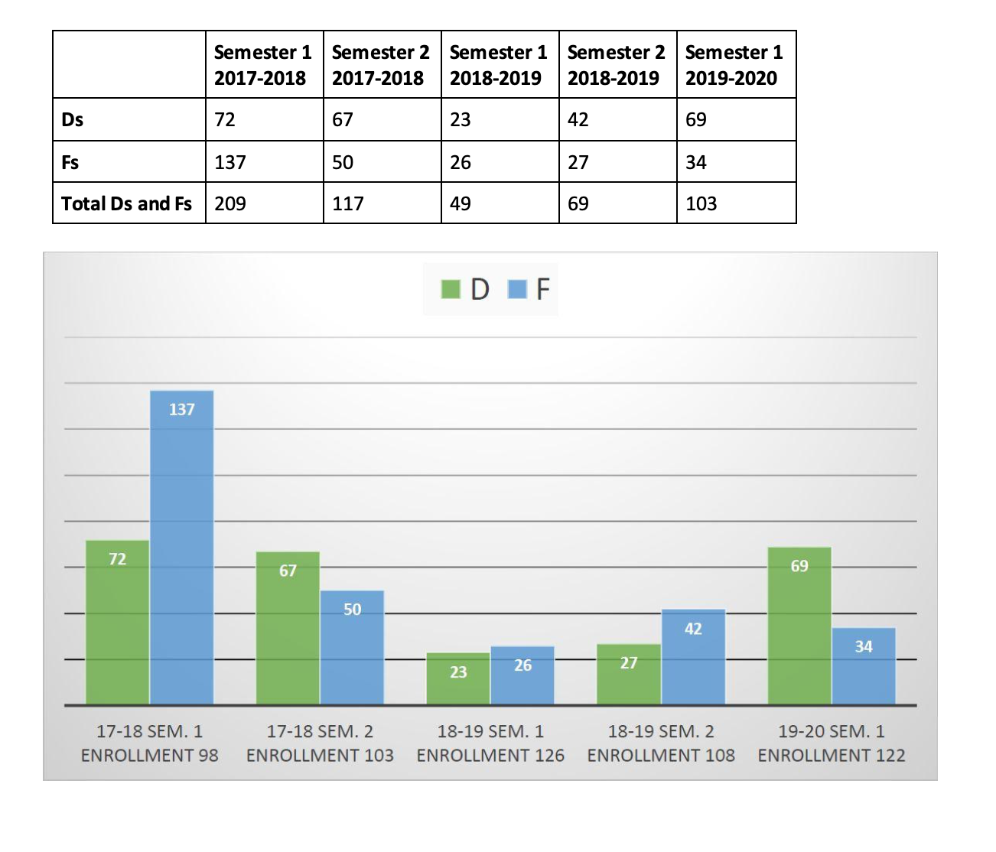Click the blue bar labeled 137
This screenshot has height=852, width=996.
tap(181, 547)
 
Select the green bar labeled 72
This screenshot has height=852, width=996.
tap(117, 622)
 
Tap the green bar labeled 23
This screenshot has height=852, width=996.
tap(458, 678)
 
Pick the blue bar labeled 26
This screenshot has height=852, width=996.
tap(522, 675)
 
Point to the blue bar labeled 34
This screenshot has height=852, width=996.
tap(864, 665)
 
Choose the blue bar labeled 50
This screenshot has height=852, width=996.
tap(352, 647)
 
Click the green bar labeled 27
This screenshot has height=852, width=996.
tap(629, 674)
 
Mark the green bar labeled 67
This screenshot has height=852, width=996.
tap(288, 628)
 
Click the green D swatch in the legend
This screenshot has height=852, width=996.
tap(451, 289)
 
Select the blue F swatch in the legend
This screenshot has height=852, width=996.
tap(517, 289)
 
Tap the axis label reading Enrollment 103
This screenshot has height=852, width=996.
tap(320, 755)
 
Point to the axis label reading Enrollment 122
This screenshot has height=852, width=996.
tap(832, 755)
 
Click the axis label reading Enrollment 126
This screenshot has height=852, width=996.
tap(490, 755)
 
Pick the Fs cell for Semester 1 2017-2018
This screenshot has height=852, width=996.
tap(264, 162)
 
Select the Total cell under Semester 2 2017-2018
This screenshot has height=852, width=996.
tap(382, 203)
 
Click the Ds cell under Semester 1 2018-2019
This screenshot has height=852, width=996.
tap(500, 119)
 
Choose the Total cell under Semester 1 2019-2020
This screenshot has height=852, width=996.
tap(735, 203)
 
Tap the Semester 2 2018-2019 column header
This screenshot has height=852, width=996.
tap(617, 65)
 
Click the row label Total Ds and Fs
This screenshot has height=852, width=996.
tap(127, 203)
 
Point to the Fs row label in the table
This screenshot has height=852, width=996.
tap(70, 162)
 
